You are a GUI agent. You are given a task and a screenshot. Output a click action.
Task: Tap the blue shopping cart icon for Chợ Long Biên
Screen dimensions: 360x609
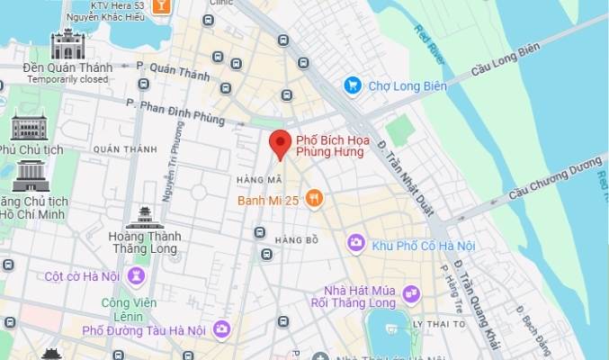(354, 85)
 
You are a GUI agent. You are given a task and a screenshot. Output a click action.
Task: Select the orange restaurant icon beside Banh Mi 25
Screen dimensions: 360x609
(314, 199)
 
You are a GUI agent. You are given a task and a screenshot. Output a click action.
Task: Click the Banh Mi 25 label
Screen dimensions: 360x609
(269, 200)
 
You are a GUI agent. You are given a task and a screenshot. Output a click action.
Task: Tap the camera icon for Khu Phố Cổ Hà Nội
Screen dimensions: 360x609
(356, 243)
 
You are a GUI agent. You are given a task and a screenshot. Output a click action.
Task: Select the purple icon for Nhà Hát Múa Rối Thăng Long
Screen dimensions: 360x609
(411, 293)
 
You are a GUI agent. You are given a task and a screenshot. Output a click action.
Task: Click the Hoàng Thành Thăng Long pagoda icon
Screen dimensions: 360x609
(145, 217)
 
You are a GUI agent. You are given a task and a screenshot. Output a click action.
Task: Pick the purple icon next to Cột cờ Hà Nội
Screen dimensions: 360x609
(136, 275)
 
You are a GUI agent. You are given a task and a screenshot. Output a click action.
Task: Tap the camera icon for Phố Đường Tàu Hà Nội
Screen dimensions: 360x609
(221, 330)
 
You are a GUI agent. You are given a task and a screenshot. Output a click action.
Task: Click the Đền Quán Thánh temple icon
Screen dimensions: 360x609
(67, 43)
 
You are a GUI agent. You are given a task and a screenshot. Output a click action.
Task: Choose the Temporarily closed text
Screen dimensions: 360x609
(67, 79)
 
